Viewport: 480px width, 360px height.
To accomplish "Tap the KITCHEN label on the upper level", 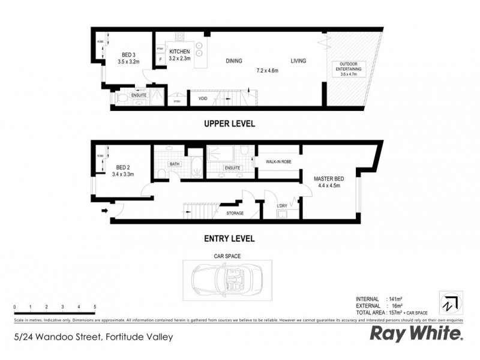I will tap(179, 52).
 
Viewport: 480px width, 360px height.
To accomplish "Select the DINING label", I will tap(234, 61).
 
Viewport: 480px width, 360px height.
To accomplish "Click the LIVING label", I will tap(298, 61).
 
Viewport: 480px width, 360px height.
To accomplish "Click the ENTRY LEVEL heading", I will tap(230, 238).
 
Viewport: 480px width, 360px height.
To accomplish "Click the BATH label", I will tap(175, 163).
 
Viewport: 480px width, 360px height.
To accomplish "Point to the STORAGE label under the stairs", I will tap(235, 212).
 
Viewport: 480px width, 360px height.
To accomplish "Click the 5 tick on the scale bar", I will tap(95, 307).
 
